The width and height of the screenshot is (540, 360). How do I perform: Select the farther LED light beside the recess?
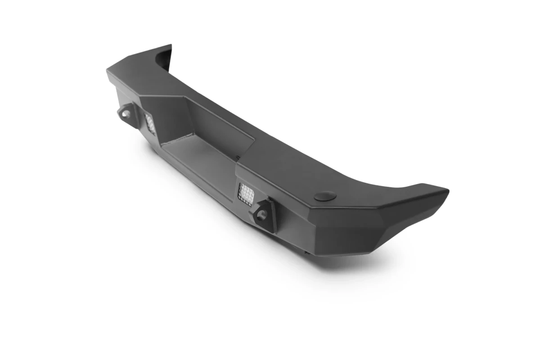tap(150, 123)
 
